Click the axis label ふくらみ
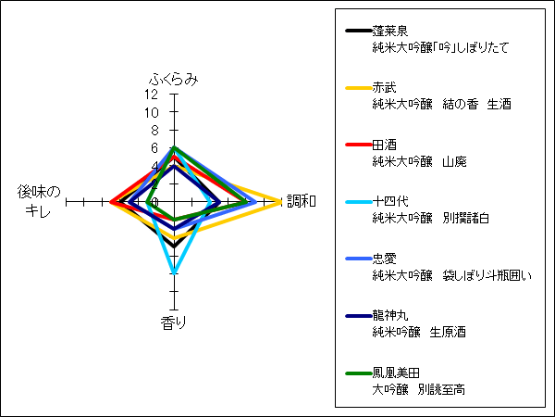pyautogui.click(x=174, y=80)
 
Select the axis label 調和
pyautogui.click(x=302, y=201)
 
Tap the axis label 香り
pyautogui.click(x=174, y=322)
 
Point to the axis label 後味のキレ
pyautogui.click(x=39, y=201)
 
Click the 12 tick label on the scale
pyautogui.click(x=151, y=95)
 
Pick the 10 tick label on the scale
pyautogui.click(x=151, y=112)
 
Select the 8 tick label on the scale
pyautogui.click(x=155, y=131)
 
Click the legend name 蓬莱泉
pyautogui.click(x=390, y=31)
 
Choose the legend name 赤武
pyautogui.click(x=384, y=88)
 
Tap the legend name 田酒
pyautogui.click(x=384, y=145)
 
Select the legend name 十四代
pyautogui.click(x=390, y=201)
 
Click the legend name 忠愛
pyautogui.click(x=384, y=259)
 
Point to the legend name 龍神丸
pyautogui.click(x=390, y=315)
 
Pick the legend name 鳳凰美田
pyautogui.click(x=396, y=373)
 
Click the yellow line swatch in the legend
pyautogui.click(x=359, y=88)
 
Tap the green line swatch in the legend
pyautogui.click(x=359, y=373)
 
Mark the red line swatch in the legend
pyautogui.click(x=359, y=145)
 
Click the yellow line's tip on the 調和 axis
pyautogui.click(x=280, y=202)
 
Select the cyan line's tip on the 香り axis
pyautogui.click(x=174, y=273)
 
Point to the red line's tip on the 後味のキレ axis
pyautogui.click(x=111, y=202)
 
